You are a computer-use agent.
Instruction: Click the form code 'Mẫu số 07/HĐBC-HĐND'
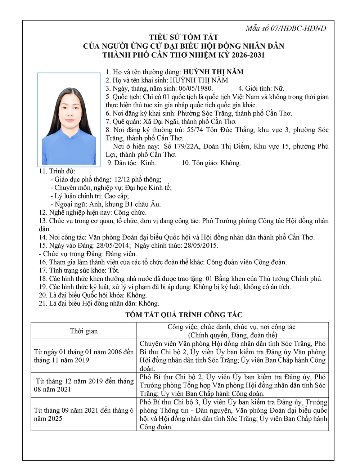(x=285, y=28)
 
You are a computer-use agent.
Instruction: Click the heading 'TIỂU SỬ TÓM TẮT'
(x=184, y=37)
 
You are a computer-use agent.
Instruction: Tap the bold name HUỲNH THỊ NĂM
(x=213, y=72)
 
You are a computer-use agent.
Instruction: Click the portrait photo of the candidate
(x=69, y=119)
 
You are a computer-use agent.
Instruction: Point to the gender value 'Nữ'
(x=279, y=89)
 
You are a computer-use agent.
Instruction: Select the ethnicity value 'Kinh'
(x=148, y=163)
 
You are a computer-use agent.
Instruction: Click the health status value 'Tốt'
(x=114, y=270)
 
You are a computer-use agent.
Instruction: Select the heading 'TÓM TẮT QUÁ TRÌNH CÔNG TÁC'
(x=184, y=315)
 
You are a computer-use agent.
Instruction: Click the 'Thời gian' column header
(x=84, y=331)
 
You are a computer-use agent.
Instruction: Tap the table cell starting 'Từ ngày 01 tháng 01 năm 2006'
(x=84, y=356)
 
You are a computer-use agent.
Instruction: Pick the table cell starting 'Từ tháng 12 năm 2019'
(x=84, y=385)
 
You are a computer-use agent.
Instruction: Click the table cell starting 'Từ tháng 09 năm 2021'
(x=84, y=414)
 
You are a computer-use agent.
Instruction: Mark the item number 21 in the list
(x=43, y=304)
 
